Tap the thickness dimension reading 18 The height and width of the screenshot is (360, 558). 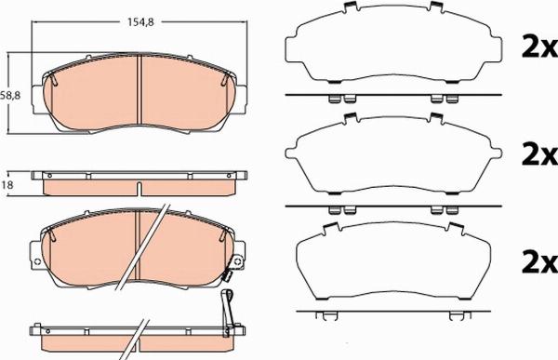(8, 185)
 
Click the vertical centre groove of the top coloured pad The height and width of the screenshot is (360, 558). (139, 90)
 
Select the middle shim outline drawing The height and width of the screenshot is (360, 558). (391, 153)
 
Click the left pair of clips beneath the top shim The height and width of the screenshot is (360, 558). (338, 100)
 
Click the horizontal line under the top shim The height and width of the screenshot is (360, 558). (391, 95)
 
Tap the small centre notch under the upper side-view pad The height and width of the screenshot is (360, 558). (139, 193)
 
